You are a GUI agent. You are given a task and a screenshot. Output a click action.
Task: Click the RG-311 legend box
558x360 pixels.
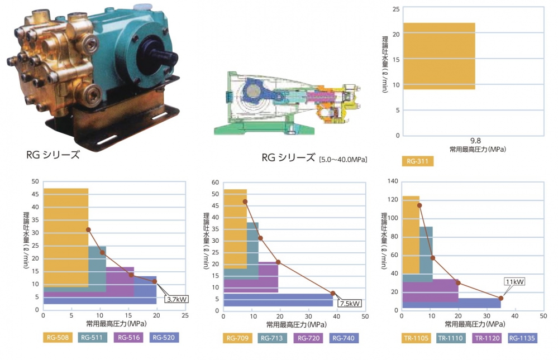(x=417, y=162)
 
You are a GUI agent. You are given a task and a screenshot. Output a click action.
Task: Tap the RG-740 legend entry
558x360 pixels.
(x=344, y=338)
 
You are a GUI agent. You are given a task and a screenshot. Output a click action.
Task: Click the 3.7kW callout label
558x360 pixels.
(x=177, y=299)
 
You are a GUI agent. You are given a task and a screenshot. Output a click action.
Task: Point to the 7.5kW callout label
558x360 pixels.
(x=350, y=303)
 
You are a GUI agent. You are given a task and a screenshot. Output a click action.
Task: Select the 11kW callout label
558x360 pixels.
(x=514, y=281)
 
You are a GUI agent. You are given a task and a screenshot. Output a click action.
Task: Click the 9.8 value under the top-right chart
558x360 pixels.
(x=475, y=142)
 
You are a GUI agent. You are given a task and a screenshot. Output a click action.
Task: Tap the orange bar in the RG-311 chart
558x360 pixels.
(x=438, y=56)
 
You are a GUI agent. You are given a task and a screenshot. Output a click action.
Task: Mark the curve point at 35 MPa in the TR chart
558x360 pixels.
(x=501, y=298)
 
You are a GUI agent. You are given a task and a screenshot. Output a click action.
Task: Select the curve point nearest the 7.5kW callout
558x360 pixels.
(x=333, y=293)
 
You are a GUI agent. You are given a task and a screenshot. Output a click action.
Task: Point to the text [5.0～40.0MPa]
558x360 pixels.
(x=342, y=160)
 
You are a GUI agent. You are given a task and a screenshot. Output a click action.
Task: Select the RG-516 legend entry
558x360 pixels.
(x=128, y=337)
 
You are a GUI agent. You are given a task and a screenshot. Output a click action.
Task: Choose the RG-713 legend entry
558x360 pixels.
(x=273, y=338)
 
